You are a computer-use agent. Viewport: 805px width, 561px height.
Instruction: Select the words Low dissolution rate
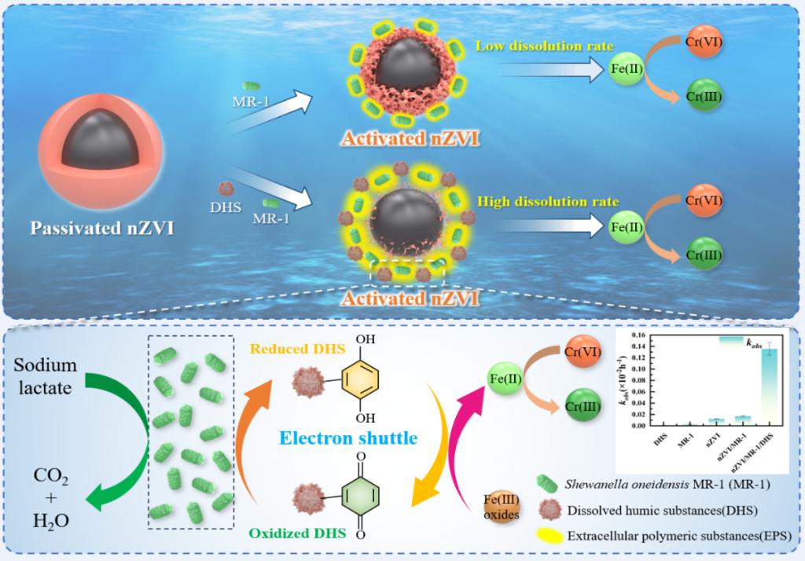tap(543, 46)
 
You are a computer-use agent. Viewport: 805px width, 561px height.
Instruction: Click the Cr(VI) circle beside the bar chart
tap(583, 352)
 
